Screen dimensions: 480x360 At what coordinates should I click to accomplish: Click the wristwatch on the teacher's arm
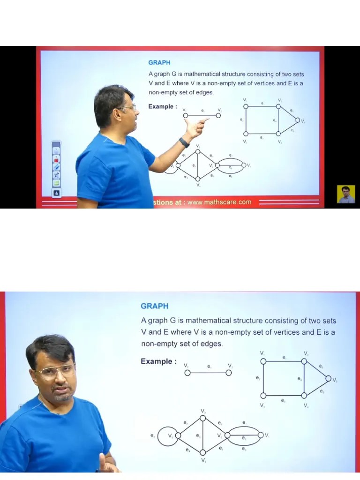184,142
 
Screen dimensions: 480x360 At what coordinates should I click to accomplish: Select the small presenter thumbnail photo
346,194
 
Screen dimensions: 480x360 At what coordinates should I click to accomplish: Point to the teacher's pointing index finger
205,120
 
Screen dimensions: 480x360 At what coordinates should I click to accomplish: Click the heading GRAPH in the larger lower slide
154,306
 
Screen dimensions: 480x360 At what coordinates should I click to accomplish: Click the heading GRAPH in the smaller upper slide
159,62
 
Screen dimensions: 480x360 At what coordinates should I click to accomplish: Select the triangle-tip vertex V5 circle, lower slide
328,379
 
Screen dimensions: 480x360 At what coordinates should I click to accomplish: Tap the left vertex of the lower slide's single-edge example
187,373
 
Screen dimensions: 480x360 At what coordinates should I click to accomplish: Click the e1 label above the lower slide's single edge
209,366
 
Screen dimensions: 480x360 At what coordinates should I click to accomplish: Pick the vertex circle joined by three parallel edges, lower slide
261,435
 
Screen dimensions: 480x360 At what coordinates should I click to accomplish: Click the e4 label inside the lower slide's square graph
300,378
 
